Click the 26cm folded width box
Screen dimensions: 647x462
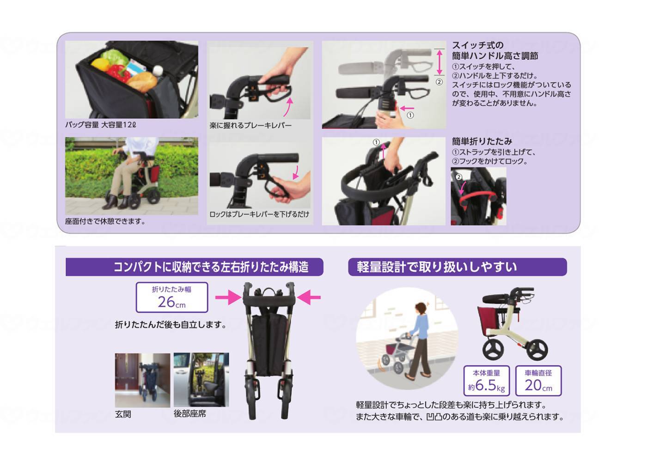coord(171,298)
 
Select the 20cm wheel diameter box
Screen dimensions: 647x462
coord(538,380)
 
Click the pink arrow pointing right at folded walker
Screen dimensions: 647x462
coord(228,298)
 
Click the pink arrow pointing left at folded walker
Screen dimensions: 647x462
coord(309,298)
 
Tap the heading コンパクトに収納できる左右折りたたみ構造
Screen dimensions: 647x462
coord(194,267)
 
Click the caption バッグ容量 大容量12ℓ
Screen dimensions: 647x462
coord(100,125)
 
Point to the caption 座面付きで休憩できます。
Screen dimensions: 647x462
coord(105,221)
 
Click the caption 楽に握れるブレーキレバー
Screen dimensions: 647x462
coord(250,125)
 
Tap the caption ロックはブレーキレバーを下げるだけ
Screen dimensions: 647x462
coord(259,214)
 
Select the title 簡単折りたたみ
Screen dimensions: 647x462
coord(482,141)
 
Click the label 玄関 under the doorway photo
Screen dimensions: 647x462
coord(123,414)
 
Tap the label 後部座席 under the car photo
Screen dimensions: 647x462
coord(189,414)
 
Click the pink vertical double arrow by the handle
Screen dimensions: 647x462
coord(439,62)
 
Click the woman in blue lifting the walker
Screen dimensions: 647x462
coord(421,340)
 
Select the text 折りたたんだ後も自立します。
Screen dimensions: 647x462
coord(171,325)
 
